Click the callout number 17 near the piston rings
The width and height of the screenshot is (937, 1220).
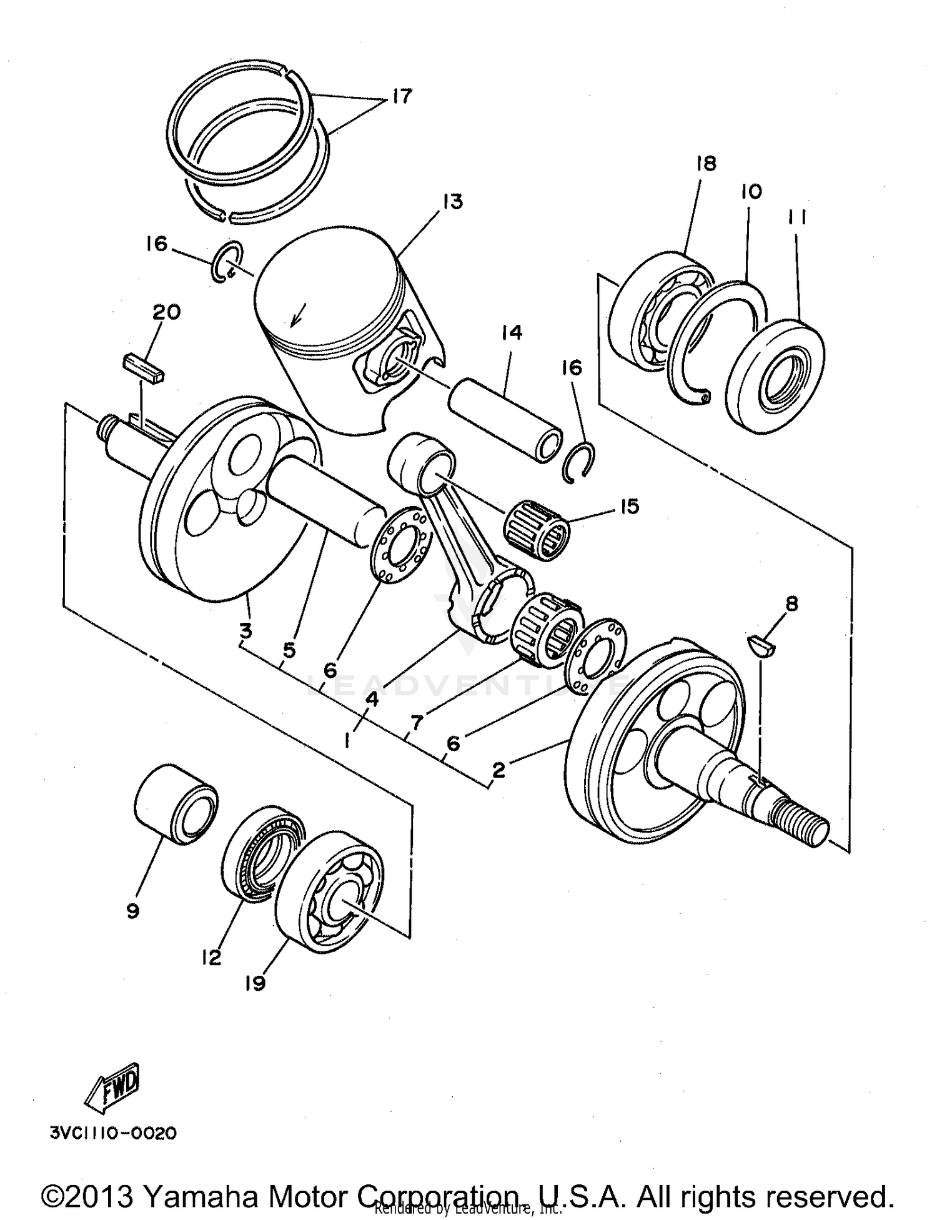(x=403, y=96)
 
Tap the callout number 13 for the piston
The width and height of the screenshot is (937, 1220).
(x=453, y=201)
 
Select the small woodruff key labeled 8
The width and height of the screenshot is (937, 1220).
(x=761, y=646)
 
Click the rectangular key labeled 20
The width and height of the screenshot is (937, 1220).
(x=143, y=369)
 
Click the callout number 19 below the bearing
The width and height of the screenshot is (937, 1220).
(x=255, y=983)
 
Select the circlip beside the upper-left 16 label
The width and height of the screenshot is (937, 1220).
(x=226, y=261)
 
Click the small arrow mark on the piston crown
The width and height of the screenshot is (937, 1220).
(x=298, y=317)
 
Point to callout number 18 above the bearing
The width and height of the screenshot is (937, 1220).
(x=705, y=164)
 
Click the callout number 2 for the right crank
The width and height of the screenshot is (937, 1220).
(x=498, y=770)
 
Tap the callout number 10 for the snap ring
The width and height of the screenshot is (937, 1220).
(x=751, y=191)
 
